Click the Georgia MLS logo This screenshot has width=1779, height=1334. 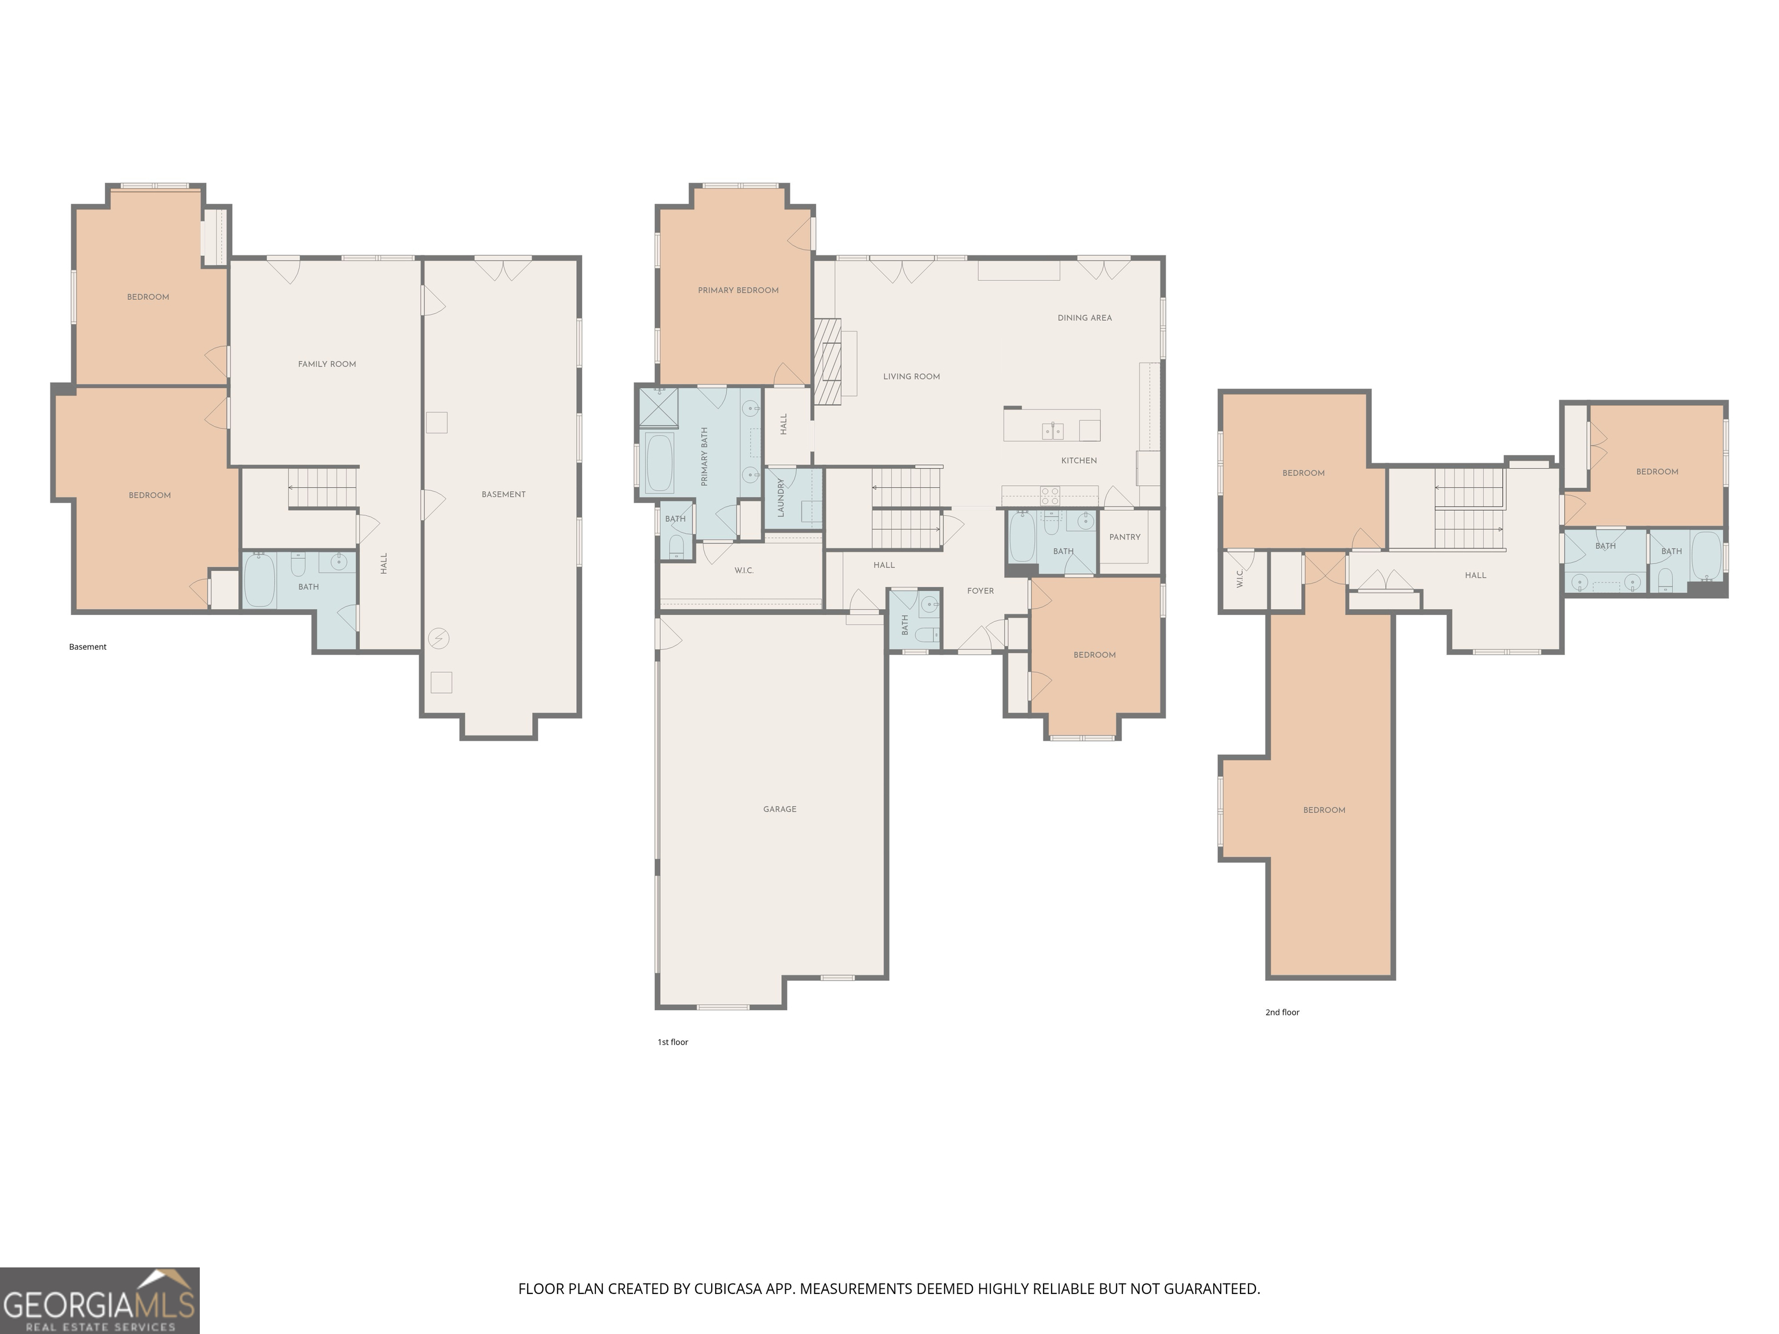[100, 1300]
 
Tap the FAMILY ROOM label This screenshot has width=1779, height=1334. [327, 364]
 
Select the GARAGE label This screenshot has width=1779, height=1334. [779, 809]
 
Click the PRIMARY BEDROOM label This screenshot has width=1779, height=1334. [738, 290]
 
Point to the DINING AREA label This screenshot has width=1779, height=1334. [1084, 318]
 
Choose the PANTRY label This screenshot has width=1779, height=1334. [1125, 537]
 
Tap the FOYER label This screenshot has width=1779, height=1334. [980, 591]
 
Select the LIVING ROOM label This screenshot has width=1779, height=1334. [911, 376]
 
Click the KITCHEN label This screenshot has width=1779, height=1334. [1078, 461]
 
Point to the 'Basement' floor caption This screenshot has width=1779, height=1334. [87, 647]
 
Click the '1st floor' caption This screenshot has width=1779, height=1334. [672, 1042]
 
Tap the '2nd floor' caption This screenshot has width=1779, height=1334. [1282, 1012]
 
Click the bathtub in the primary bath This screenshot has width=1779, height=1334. [660, 463]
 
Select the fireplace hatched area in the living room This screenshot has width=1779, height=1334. [827, 361]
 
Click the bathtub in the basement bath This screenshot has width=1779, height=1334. [259, 579]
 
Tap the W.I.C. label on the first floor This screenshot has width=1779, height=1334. [744, 571]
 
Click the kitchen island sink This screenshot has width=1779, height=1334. [1053, 431]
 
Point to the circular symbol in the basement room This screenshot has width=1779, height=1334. [439, 639]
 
